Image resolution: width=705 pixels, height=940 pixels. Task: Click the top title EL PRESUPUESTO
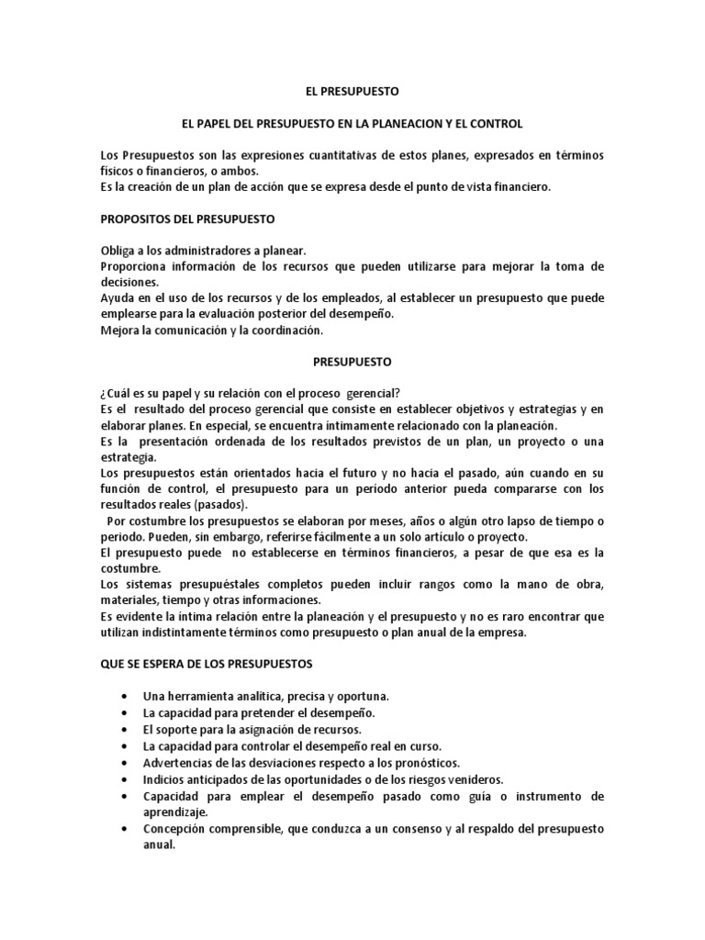352,92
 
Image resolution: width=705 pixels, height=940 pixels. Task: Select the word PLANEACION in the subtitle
416,122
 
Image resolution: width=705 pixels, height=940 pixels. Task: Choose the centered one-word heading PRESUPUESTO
352,362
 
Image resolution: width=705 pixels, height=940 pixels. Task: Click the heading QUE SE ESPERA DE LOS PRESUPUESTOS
207,663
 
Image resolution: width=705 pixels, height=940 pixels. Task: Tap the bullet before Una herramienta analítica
124,697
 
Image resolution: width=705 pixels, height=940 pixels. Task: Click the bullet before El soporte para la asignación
124,729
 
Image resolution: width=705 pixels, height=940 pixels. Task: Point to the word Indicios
163,778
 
